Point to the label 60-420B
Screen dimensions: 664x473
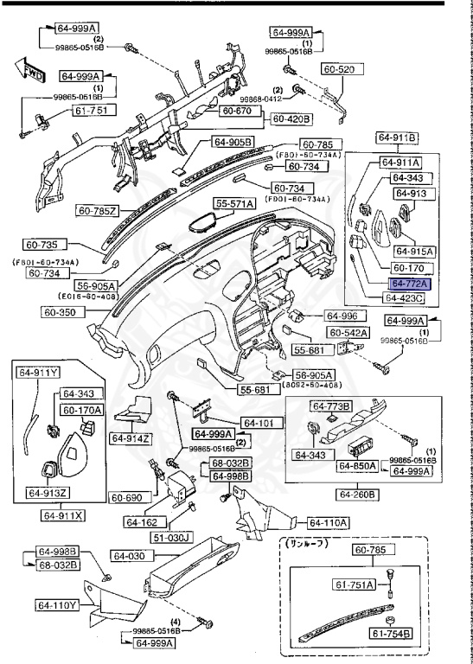coord(293,118)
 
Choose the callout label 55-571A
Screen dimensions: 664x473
coord(235,204)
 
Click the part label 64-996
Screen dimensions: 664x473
coord(342,316)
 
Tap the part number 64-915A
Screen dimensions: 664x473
coord(413,251)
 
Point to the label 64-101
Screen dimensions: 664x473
coord(258,423)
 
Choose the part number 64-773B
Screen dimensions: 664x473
coord(332,405)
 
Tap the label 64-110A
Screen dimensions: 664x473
coord(328,522)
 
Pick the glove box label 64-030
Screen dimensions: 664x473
coord(131,555)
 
